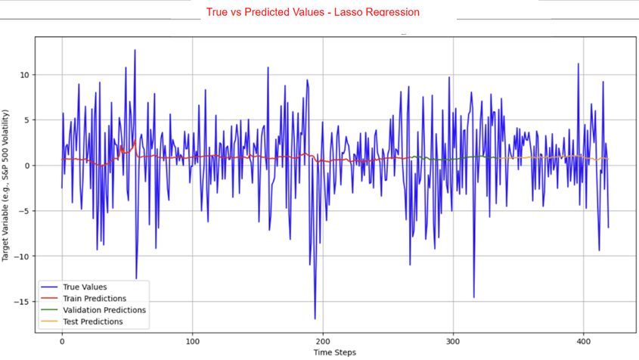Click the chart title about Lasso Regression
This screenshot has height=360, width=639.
[x=312, y=12]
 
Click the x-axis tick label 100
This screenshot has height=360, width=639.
[x=193, y=342]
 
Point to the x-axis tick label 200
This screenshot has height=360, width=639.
[x=323, y=342]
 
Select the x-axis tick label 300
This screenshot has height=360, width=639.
[x=454, y=342]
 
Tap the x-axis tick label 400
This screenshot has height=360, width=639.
[x=584, y=342]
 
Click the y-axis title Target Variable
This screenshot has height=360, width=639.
[x=7, y=185]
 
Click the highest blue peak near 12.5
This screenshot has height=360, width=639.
[x=135, y=51]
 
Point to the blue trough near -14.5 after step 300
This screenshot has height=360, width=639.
[x=474, y=297]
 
